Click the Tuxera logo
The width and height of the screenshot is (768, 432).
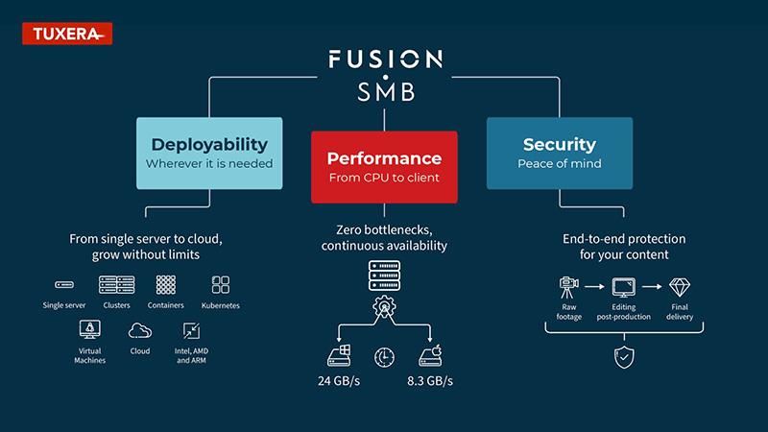tap(66, 35)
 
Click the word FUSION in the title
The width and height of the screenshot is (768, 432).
tap(384, 59)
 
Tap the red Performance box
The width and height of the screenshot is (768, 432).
tap(384, 166)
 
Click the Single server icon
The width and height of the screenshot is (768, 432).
tap(64, 285)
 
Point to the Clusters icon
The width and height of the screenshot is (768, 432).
tap(116, 285)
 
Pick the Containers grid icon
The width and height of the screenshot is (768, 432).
tap(167, 285)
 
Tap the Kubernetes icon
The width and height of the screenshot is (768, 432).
tap(221, 285)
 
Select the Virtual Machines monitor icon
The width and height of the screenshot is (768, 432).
tap(89, 330)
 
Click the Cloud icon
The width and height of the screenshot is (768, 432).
tap(140, 331)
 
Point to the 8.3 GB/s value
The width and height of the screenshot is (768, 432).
tap(429, 381)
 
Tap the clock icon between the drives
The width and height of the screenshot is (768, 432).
tap(384, 356)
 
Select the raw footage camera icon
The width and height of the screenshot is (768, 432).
tap(569, 286)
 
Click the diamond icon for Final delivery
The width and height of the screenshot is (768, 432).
tap(680, 286)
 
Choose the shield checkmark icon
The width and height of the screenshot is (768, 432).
tap(621, 357)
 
